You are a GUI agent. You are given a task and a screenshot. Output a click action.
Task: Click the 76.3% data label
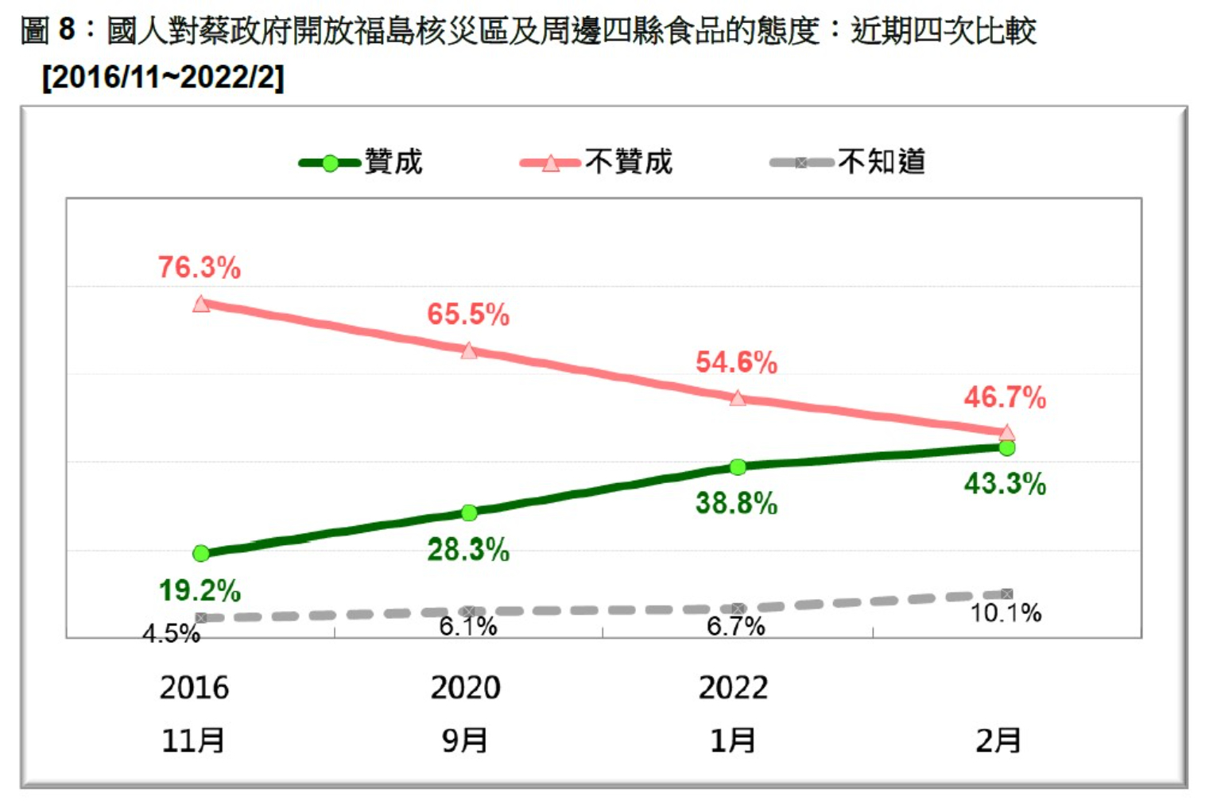tap(199, 268)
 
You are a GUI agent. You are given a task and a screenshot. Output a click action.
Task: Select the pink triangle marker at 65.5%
tap(469, 350)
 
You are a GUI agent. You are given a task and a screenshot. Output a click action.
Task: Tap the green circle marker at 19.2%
tap(201, 553)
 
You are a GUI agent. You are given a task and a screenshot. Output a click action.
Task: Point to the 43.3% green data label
tap(1005, 484)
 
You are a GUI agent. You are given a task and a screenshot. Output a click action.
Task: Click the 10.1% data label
tap(1006, 613)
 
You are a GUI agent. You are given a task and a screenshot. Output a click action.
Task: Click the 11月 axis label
tap(193, 740)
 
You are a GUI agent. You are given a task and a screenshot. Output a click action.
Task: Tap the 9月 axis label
tap(465, 740)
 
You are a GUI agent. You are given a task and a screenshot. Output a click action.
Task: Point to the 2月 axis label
tap(998, 740)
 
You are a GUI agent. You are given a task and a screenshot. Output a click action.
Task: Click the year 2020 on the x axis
tap(465, 688)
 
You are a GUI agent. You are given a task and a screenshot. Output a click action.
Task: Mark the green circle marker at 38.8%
tap(738, 467)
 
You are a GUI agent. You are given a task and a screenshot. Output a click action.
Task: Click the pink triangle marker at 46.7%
tap(1006, 433)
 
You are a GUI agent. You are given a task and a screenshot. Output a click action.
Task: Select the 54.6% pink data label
tap(736, 363)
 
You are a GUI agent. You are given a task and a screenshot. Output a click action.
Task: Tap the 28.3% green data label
tap(468, 550)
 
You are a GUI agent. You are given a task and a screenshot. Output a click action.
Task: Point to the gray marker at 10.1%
tap(1007, 594)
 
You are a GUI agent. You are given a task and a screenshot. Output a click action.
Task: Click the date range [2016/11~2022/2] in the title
tap(163, 77)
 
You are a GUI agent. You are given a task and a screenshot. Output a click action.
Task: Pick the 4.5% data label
tap(171, 634)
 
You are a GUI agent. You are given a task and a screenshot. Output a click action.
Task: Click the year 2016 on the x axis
tap(194, 688)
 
